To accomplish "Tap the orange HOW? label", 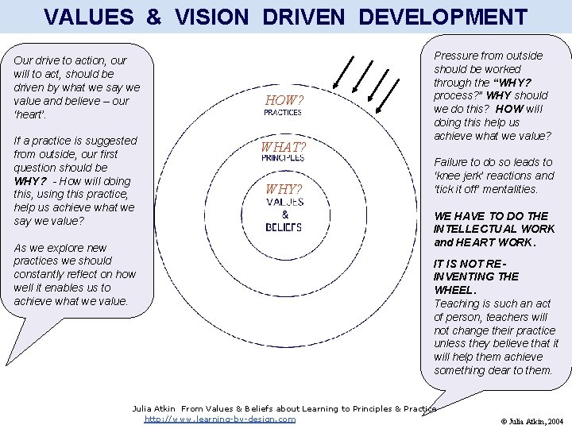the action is pos(284,100).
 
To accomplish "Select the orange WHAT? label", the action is pos(284,147).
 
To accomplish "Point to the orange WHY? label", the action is pos(284,189).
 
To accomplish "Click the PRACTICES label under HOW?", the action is pos(283,113).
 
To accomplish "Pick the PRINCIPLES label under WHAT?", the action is pos(283,158).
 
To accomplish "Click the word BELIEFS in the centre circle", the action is pos(284,227).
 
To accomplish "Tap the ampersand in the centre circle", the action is pos(284,214).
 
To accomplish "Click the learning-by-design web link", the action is pos(220,419).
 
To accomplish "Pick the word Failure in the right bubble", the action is pos(451,162).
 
